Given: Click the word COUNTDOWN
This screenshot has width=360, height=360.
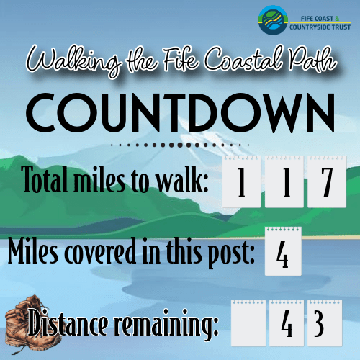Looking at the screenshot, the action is (180, 113).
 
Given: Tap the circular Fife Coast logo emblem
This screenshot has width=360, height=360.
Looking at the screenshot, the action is (273, 20).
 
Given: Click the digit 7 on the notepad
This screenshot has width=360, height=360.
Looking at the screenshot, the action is (327, 182).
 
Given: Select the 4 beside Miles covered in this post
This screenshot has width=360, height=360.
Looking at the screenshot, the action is (282, 254).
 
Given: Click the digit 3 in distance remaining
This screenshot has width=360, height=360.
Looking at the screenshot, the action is (319, 323).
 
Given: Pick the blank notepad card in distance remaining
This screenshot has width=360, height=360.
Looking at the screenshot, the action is (248, 323).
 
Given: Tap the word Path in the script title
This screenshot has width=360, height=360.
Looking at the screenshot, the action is (312, 60).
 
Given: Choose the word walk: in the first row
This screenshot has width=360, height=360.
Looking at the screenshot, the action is (182, 179).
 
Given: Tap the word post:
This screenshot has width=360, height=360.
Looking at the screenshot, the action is (231, 253).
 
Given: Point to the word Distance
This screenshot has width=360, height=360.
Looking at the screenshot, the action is (68, 323).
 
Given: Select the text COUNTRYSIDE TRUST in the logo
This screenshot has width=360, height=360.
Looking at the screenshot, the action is (320, 27).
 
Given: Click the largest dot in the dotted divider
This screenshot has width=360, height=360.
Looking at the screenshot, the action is (180, 145).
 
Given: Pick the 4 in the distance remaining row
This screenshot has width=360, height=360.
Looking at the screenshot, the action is (287, 323).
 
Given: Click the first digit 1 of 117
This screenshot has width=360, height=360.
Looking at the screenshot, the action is (241, 182).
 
